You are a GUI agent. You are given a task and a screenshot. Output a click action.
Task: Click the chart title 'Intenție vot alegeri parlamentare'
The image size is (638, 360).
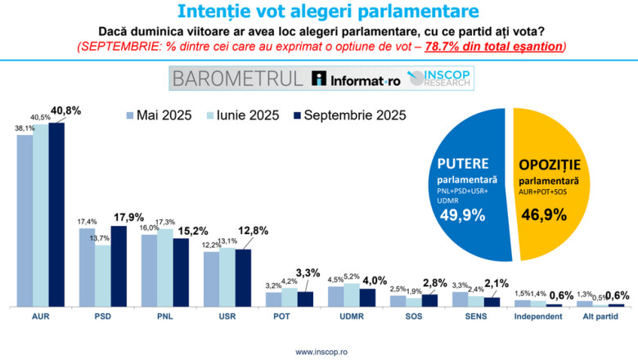point(318,11)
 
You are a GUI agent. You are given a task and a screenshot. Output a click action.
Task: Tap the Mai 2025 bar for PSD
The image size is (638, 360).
point(87,267)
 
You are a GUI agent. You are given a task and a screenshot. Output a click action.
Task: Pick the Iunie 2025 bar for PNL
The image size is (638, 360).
point(165,267)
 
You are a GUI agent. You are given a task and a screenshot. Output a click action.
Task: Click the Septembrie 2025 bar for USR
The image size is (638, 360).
point(244,277)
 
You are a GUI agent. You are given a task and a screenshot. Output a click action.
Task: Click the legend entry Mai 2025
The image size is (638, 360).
point(159,115)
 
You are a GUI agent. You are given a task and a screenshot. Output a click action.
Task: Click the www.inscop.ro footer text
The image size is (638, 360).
point(318,352)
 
